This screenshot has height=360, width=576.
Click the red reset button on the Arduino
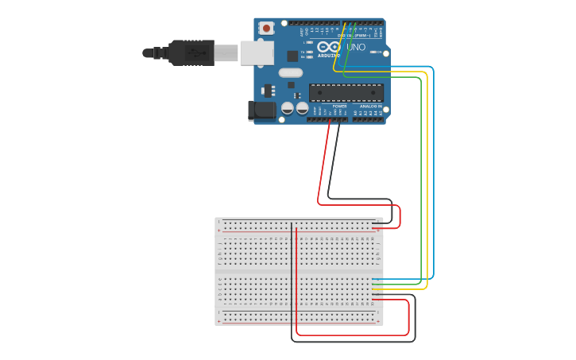(266, 29)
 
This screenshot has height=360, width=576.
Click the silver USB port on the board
(257, 52)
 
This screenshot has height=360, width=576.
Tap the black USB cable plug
(191, 53)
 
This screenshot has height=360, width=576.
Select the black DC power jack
(261, 110)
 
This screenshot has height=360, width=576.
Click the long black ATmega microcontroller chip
(346, 92)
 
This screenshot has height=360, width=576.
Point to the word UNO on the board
(356, 48)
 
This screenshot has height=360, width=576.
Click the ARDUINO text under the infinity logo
(329, 56)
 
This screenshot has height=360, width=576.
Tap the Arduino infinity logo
(329, 47)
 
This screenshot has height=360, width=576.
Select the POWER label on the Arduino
(339, 106)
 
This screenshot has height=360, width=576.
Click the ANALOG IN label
(370, 106)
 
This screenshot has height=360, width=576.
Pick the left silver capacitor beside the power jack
(288, 107)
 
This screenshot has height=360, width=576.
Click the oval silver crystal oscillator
(291, 73)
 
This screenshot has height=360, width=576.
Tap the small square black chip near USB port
(292, 56)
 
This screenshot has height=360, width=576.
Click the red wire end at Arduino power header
(330, 121)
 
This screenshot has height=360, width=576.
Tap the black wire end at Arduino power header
(339, 121)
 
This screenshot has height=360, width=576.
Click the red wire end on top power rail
(373, 227)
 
